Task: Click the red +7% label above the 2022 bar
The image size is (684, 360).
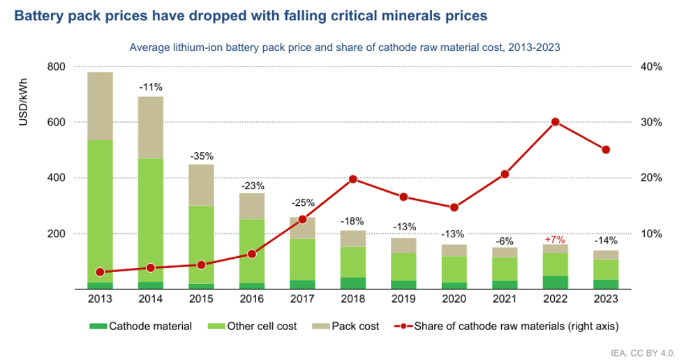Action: coord(555,239)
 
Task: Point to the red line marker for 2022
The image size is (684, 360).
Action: coord(556,121)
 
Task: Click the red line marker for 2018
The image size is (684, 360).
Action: coord(352,179)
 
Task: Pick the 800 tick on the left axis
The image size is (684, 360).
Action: coord(56,67)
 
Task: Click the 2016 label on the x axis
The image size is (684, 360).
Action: coord(251,299)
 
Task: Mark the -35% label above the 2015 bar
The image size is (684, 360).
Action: coord(201,156)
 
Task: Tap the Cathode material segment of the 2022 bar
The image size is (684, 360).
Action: coord(556,282)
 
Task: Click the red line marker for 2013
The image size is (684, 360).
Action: coord(100,272)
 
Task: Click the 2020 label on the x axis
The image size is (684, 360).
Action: coord(454,299)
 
